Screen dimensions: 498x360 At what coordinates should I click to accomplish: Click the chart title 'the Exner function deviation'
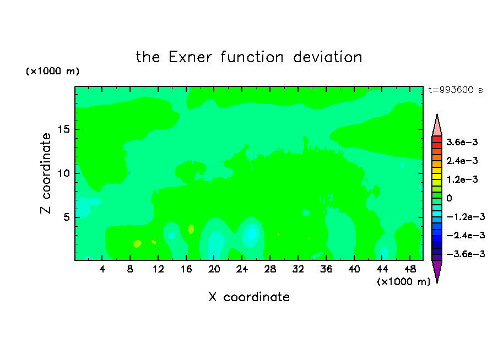(x=249, y=57)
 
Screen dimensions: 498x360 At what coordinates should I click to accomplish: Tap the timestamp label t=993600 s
(x=456, y=90)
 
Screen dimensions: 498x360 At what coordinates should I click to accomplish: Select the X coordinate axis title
(x=249, y=297)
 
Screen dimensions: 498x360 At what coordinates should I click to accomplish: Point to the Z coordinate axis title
(x=45, y=173)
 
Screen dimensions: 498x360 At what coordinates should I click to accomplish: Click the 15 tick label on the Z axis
(x=63, y=129)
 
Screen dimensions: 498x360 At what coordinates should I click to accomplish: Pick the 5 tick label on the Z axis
(x=66, y=217)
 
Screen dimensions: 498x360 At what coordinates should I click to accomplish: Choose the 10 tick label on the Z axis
(x=63, y=173)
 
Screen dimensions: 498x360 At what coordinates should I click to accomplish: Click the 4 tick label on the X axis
(x=102, y=269)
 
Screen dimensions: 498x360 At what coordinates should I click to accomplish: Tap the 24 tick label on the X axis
(x=242, y=269)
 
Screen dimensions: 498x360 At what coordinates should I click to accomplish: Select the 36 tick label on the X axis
(x=326, y=269)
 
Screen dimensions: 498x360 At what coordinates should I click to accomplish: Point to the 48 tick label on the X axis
(x=410, y=269)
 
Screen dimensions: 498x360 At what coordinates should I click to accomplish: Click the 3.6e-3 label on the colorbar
(x=462, y=142)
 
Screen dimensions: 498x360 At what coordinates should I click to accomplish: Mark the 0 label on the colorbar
(x=449, y=198)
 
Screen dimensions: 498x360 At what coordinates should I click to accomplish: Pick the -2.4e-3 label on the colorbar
(x=465, y=235)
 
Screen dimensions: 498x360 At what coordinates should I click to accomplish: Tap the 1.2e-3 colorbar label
(x=462, y=179)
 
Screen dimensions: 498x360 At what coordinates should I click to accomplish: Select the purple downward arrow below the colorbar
(x=437, y=270)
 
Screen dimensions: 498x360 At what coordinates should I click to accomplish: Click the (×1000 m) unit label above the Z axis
(x=52, y=71)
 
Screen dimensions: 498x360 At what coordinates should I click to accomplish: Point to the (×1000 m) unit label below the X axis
(x=403, y=282)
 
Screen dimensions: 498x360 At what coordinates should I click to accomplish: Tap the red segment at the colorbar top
(x=437, y=139)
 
